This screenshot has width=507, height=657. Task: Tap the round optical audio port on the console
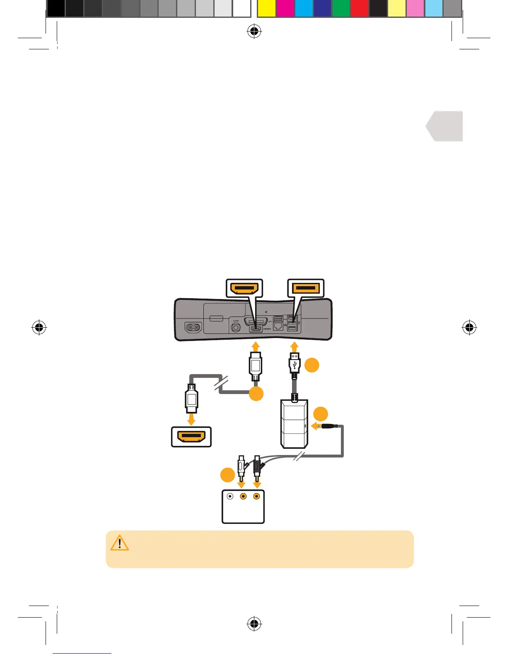click(237, 327)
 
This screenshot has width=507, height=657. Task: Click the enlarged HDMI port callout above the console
click(244, 288)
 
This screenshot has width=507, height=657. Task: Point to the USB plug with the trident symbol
click(295, 364)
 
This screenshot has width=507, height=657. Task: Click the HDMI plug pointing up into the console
click(256, 365)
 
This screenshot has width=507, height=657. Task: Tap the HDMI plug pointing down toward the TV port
click(191, 398)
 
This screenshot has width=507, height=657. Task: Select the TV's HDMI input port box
click(191, 437)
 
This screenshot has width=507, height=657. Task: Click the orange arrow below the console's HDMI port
click(256, 346)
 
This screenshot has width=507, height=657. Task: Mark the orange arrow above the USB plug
click(295, 346)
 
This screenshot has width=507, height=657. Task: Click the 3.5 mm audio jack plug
click(328, 426)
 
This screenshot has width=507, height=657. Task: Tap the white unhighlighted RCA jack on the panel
click(230, 496)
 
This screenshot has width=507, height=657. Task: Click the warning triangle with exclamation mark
click(120, 543)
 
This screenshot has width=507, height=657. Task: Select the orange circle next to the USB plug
click(312, 365)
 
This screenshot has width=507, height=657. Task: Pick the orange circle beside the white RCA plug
click(227, 475)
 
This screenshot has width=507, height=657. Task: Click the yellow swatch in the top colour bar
click(266, 9)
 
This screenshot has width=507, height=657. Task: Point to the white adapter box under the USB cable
click(294, 424)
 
